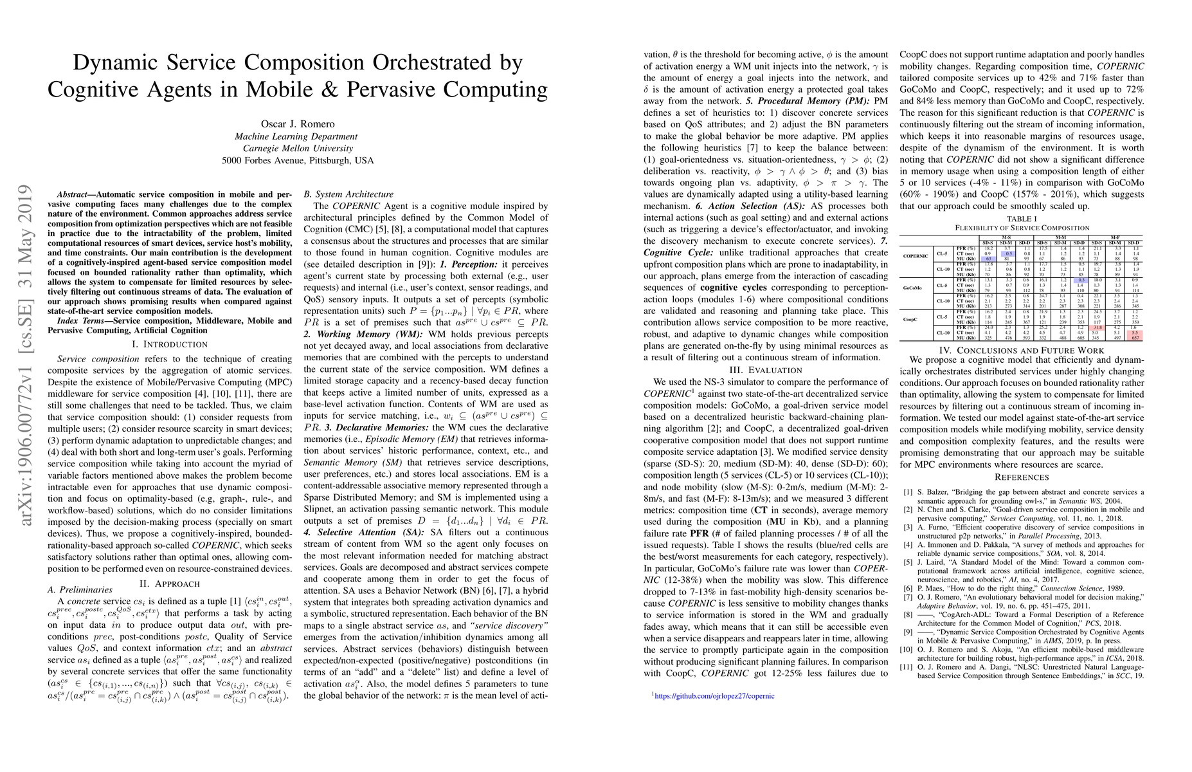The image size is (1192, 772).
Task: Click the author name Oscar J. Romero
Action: coord(298,124)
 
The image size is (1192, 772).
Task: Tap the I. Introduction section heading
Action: coord(170,344)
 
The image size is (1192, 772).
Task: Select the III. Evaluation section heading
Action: coord(766,370)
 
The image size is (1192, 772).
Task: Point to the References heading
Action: coord(1022,477)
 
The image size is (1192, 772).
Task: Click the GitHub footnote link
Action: coord(714,695)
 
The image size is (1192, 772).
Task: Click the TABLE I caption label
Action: coord(1022,219)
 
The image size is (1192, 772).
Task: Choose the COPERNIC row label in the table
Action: coord(915,256)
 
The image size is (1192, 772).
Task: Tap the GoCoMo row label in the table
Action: coord(912,288)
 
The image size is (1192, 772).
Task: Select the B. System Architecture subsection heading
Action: coord(348,194)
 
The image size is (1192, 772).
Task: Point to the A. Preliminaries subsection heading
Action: coord(80,589)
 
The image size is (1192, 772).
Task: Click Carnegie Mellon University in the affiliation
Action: coord(298,148)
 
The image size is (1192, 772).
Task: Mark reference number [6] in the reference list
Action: coord(908,588)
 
